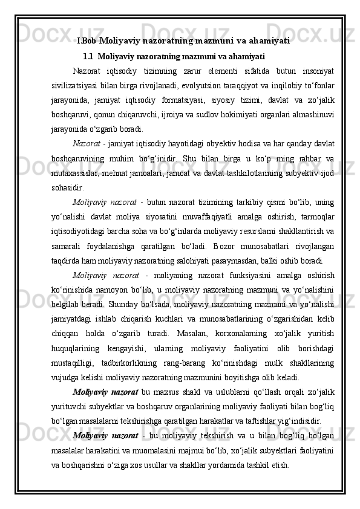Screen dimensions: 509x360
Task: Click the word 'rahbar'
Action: [x=309, y=159]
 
